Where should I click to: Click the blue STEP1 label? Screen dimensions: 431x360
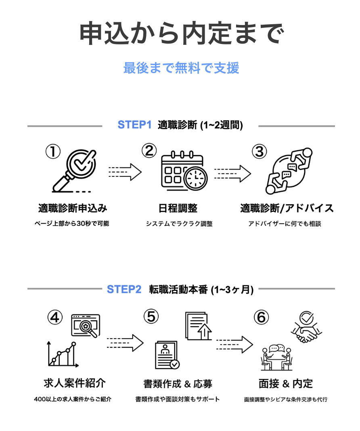(134, 125)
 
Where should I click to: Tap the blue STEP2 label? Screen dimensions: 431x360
(124, 289)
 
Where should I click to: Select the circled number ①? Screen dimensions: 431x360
(52, 152)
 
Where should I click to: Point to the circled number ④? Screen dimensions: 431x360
(55, 317)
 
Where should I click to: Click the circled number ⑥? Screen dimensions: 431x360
(261, 317)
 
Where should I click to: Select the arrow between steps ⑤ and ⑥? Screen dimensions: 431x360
(234, 344)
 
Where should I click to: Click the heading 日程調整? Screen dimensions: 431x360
(178, 208)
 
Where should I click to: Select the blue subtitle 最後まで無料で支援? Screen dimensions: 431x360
(181, 68)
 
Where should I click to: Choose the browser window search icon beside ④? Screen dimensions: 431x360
(86, 325)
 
